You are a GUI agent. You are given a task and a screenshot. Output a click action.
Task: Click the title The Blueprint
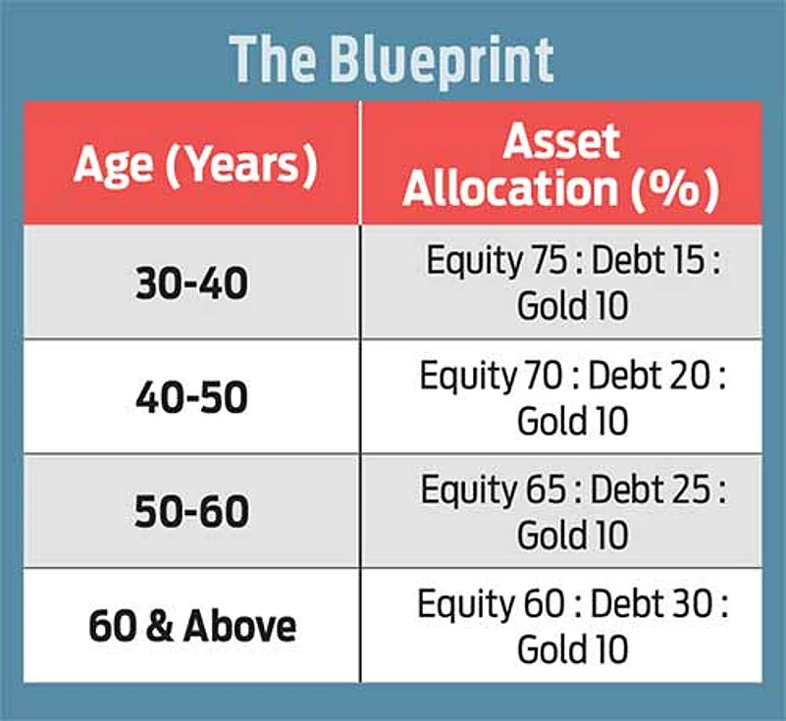pyautogui.click(x=392, y=61)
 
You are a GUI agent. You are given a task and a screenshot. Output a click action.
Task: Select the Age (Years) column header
pyautogui.click(x=195, y=165)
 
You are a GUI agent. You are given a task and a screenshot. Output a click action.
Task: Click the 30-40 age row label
pyautogui.click(x=191, y=283)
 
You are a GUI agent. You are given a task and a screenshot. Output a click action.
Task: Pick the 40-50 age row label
pyautogui.click(x=191, y=397)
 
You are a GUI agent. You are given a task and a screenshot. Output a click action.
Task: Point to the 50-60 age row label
pyautogui.click(x=191, y=511)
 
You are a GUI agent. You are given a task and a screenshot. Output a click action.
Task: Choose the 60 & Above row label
pyautogui.click(x=192, y=626)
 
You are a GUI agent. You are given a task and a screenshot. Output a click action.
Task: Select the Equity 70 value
pyautogui.click(x=492, y=377)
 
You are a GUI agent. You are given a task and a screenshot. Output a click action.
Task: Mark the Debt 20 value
pyautogui.click(x=650, y=376)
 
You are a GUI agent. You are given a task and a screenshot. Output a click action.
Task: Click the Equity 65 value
pyautogui.click(x=494, y=490)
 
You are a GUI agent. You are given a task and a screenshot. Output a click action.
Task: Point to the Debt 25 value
pyautogui.click(x=651, y=489)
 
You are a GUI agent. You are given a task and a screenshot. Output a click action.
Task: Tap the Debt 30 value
pyautogui.click(x=653, y=603)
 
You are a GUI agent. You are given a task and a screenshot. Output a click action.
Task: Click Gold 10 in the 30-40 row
pyautogui.click(x=572, y=306)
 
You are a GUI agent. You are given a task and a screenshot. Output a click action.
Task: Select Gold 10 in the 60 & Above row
pyautogui.click(x=572, y=649)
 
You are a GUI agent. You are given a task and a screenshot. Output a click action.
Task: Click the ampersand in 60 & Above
pyautogui.click(x=160, y=626)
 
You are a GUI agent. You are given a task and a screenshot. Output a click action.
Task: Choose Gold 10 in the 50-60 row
pyautogui.click(x=572, y=536)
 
